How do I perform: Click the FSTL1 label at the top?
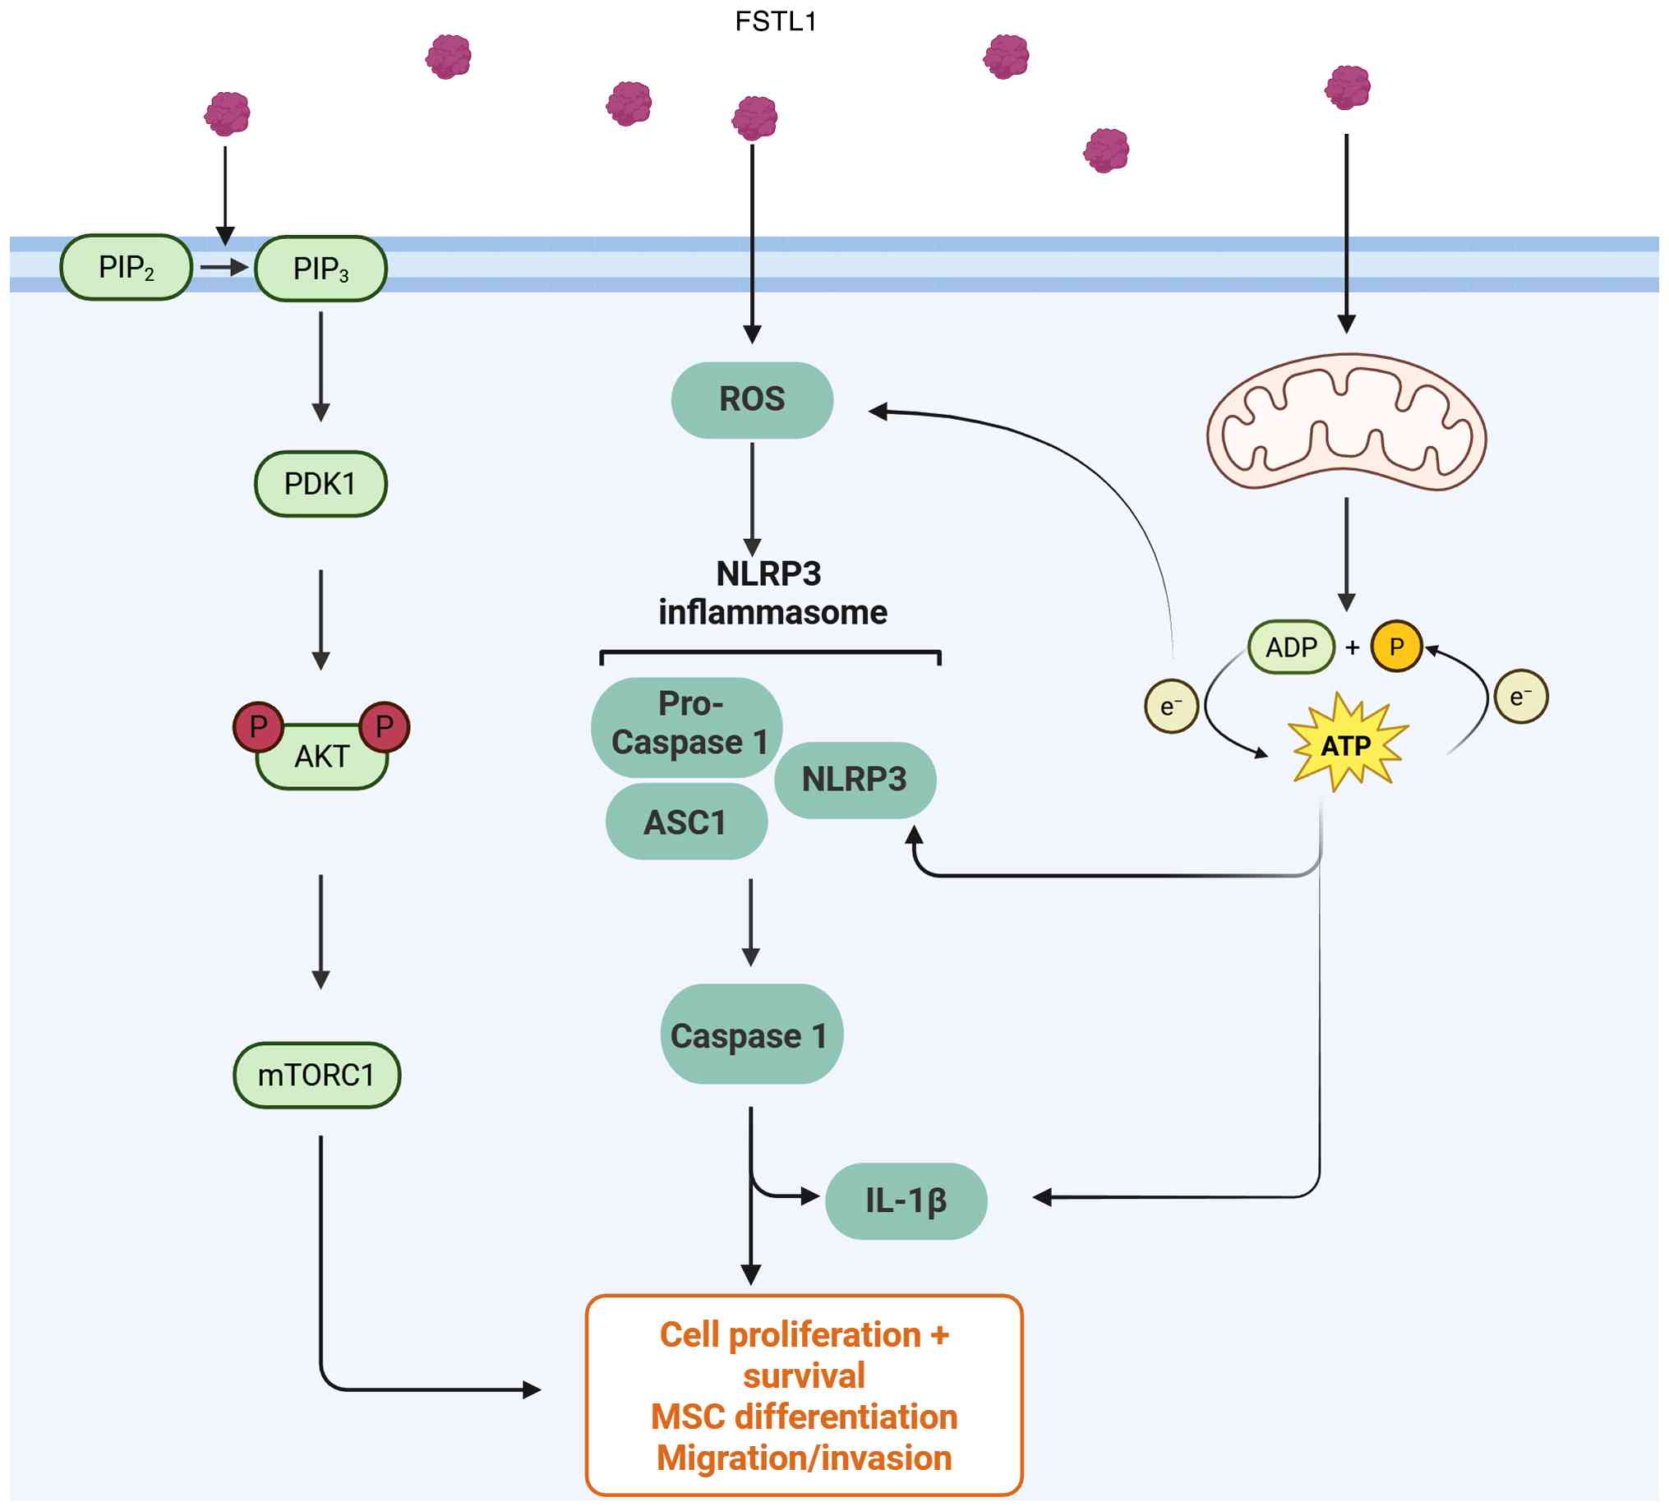[776, 21]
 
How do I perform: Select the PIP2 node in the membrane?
[127, 267]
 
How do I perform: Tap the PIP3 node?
[321, 269]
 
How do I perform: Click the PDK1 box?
[320, 484]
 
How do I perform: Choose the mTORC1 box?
[317, 1076]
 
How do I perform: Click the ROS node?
[752, 400]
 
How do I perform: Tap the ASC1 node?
[686, 822]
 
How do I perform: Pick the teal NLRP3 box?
[855, 780]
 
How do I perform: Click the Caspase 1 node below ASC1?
[751, 1035]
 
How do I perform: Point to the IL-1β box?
[906, 1200]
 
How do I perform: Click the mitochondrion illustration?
[1346, 422]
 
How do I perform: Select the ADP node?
[1291, 647]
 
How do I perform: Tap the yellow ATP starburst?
[1346, 746]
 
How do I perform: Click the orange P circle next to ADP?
[1396, 647]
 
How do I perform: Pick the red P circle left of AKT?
[258, 727]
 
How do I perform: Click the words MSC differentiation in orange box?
[804, 1417]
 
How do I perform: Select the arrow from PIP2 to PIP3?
[224, 267]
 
